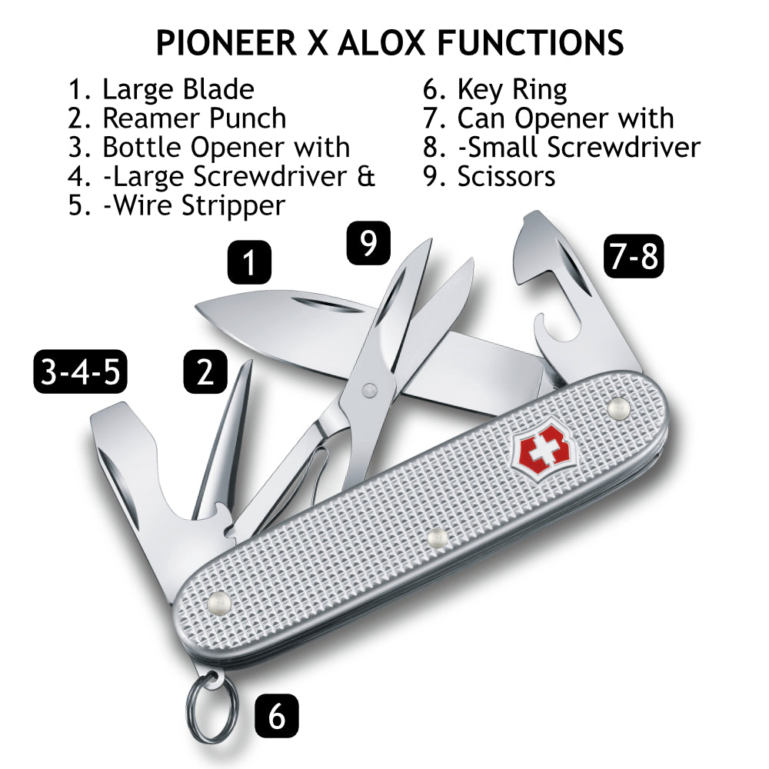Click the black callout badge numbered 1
[x=249, y=262]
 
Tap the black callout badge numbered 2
[x=205, y=371]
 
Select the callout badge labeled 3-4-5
[x=81, y=371]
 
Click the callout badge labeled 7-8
[x=634, y=256]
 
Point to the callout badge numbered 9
[x=368, y=243]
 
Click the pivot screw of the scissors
[x=369, y=391]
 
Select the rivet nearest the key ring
[x=219, y=603]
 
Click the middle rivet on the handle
[x=437, y=538]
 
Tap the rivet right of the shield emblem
[x=618, y=408]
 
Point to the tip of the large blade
[x=196, y=306]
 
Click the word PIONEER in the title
[x=226, y=42]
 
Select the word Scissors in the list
[x=506, y=177]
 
